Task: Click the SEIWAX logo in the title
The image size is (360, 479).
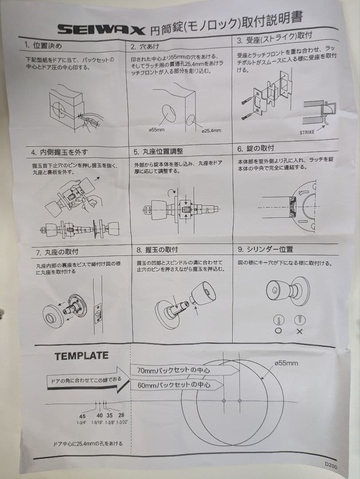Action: [101, 29]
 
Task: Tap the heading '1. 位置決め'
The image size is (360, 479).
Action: [43, 46]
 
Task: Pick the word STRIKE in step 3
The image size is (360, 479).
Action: [307, 132]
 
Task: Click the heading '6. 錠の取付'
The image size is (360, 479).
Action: [256, 148]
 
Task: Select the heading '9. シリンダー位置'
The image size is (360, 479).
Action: [265, 249]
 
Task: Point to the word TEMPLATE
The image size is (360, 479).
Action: [81, 356]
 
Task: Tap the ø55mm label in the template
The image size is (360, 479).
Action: [286, 363]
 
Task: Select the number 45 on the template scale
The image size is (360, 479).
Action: [82, 416]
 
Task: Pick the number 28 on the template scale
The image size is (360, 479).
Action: [121, 415]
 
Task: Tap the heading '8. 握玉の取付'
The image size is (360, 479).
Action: [158, 250]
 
